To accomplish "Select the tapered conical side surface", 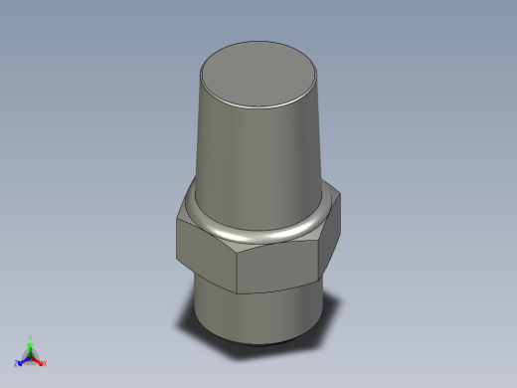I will point(259,159).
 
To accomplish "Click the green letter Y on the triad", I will point(31,337).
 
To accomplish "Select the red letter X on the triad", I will point(45,363).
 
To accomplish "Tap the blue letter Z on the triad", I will point(17,363).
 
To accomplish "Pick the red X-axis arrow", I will point(38,359).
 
